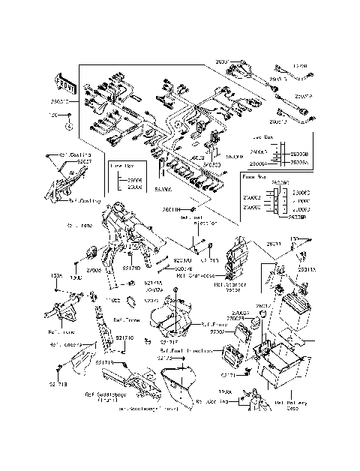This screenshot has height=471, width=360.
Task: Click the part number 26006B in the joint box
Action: [299, 152]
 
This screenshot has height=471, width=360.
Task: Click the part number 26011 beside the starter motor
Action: [274, 244]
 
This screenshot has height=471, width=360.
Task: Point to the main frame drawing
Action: [135, 232]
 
